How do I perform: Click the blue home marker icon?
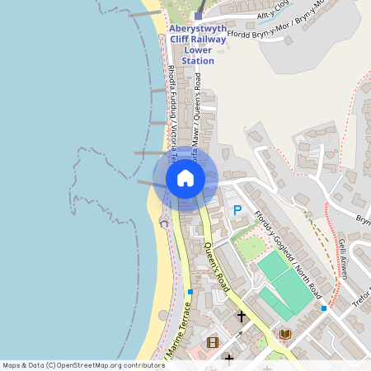[185, 177]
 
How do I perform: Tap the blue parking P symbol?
[237, 211]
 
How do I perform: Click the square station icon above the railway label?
[198, 15]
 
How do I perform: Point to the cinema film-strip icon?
[213, 342]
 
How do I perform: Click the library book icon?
[285, 333]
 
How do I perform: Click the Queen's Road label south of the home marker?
[215, 268]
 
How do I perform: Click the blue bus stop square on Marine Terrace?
[190, 292]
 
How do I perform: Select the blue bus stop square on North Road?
[324, 308]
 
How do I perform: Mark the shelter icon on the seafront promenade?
[163, 223]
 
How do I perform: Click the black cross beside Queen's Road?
[241, 316]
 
